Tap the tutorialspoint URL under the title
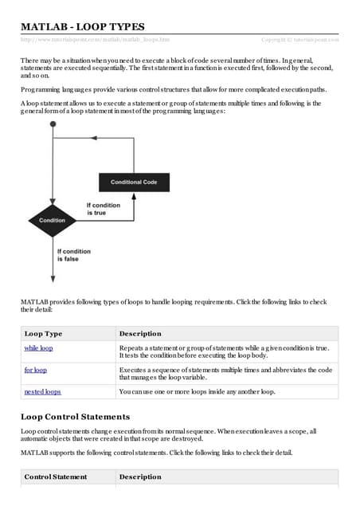click(95, 39)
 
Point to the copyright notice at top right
click(299, 39)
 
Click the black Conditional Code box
click(133, 182)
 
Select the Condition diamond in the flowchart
click(53, 220)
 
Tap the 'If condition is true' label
click(103, 209)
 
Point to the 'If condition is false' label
click(75, 254)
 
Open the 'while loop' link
click(39, 348)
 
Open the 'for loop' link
click(36, 370)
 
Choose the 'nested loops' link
click(43, 391)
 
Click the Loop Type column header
click(43, 333)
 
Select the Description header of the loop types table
click(140, 333)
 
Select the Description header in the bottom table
click(140, 477)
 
